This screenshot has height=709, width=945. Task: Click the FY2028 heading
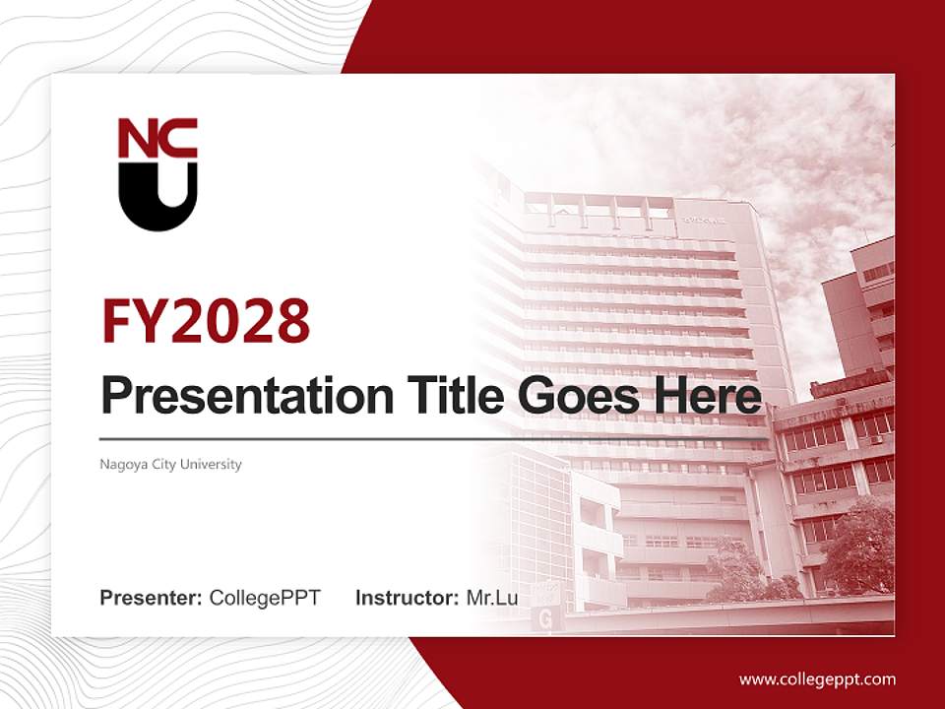(206, 321)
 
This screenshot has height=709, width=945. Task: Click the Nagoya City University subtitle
(170, 464)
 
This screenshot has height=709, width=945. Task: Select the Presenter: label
(152, 598)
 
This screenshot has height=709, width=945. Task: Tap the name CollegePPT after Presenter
(265, 598)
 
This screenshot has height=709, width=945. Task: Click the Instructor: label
(407, 598)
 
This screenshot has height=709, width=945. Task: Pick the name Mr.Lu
(492, 598)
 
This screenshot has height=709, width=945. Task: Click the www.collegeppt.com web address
(817, 678)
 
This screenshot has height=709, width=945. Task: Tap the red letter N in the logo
(135, 139)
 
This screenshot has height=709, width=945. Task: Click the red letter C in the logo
(179, 139)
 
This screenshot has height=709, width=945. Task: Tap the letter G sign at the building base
(543, 618)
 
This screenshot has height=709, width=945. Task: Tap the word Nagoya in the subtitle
(119, 464)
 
